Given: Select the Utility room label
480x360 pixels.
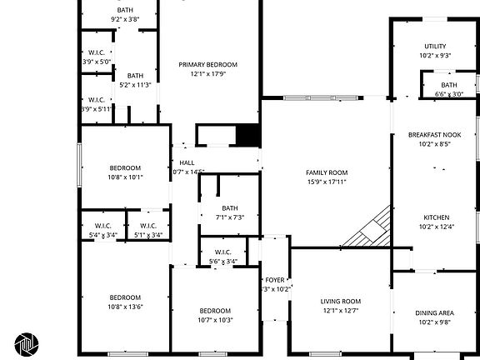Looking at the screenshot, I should point(435,47).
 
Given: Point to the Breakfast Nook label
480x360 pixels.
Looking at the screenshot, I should point(434,134).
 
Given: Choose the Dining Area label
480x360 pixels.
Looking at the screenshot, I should point(435,312).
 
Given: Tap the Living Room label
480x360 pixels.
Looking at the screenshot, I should point(340,301).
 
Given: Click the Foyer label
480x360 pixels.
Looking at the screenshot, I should point(275,280).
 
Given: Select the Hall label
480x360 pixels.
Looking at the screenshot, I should point(188,162).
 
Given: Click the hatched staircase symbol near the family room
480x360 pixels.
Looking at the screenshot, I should point(369,227).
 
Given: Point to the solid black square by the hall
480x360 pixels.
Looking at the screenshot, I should point(247,136).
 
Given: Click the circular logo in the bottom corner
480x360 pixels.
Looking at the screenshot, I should point(26,344).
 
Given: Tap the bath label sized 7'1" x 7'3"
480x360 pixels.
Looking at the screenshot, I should point(229,208).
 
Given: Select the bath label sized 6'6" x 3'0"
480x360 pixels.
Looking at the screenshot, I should point(448,85).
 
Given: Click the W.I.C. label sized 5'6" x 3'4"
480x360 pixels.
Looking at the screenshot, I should point(222,252).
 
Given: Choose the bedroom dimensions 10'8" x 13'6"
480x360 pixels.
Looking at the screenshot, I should point(125,306).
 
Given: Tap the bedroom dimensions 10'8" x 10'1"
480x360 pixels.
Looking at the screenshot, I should point(125,177).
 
